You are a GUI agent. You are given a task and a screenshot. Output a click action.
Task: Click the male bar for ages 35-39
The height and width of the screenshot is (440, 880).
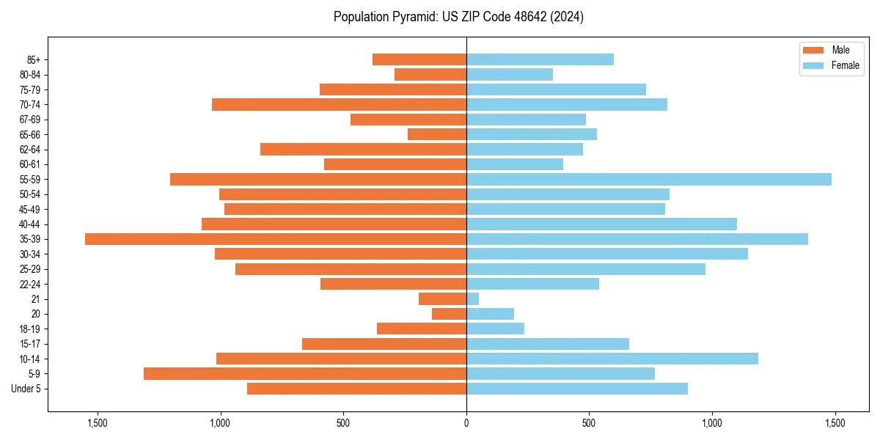click(275, 239)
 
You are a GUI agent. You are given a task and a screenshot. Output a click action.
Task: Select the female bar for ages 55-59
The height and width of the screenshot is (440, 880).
click(649, 180)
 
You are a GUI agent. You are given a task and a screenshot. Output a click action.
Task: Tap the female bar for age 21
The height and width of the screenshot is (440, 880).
click(473, 299)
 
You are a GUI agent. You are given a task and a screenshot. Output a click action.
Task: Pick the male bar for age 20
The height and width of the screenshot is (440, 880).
click(449, 314)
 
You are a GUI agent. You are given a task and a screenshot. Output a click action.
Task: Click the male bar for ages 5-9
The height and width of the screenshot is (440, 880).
click(304, 374)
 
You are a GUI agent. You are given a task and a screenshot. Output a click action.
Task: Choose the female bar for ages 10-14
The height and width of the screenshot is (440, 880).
click(612, 359)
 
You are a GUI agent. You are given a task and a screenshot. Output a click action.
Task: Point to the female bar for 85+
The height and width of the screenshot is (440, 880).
click(540, 59)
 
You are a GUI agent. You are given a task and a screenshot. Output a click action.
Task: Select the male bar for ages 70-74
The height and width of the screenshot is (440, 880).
click(339, 105)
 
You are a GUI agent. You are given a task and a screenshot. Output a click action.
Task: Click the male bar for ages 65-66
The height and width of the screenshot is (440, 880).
click(437, 134)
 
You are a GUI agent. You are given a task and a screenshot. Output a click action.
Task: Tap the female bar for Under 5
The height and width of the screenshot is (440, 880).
click(577, 389)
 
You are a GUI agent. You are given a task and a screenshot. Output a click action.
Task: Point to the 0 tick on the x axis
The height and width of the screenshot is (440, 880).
click(466, 423)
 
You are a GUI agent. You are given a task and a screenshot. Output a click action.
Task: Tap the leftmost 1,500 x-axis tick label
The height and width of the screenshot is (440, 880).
click(98, 423)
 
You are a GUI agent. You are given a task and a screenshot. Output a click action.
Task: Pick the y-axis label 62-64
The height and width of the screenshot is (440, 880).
click(29, 150)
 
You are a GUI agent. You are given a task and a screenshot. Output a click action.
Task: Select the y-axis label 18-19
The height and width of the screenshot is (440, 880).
click(29, 329)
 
